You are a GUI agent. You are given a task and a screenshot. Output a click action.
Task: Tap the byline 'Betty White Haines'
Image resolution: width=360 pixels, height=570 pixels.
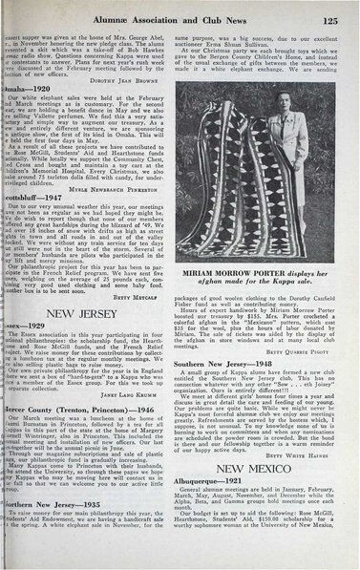click(x=311, y=456)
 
